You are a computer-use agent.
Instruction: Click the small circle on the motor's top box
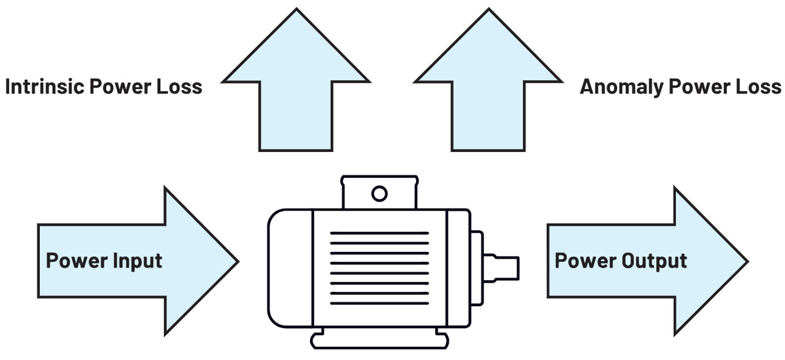379,193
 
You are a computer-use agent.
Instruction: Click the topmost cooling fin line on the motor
379,233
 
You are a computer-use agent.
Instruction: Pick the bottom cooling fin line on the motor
379,303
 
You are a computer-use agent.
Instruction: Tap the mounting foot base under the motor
379,340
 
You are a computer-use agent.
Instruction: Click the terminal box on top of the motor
379,192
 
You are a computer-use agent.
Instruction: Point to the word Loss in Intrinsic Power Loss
179,86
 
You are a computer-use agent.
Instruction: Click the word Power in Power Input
73,261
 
